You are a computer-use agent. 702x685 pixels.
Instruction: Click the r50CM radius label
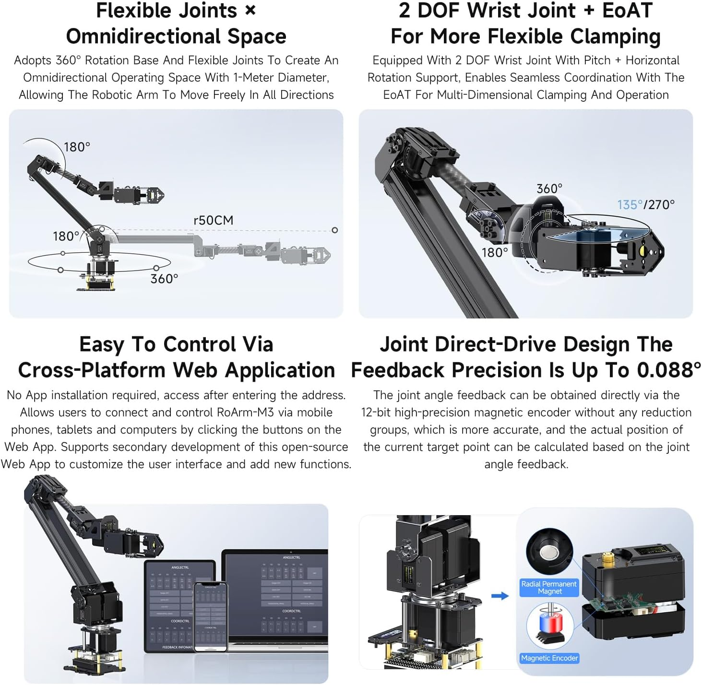[213, 220]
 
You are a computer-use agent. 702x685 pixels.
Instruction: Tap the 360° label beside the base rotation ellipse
[164, 279]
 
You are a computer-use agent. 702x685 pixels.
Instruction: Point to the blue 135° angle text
[630, 205]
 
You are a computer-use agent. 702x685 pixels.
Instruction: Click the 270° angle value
[661, 205]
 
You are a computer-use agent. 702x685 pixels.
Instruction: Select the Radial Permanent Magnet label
[549, 588]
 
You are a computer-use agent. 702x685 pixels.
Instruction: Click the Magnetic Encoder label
[549, 658]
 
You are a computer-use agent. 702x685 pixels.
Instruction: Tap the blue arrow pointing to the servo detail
[500, 596]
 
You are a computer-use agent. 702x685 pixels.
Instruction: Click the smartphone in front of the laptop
[210, 616]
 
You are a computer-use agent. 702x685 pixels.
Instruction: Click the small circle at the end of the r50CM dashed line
[335, 230]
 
